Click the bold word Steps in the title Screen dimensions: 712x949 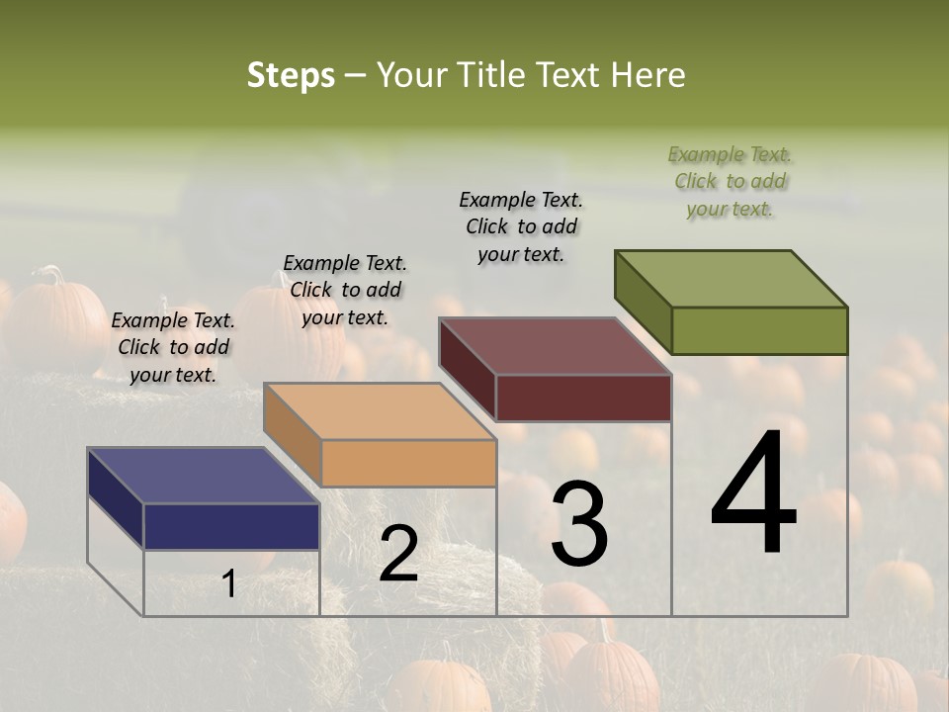291,75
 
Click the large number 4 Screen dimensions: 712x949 754,495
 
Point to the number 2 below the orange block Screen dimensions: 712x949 398,555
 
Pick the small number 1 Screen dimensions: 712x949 229,584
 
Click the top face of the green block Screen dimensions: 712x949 731,278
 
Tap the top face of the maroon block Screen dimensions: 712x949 555,346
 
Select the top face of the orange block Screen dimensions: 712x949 380,411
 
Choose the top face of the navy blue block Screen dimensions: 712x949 203,476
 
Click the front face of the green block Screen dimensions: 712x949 759,330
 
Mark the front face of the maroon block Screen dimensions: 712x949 583,398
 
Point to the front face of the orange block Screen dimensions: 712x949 408,463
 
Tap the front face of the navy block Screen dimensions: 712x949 231,526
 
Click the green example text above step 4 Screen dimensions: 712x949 730,182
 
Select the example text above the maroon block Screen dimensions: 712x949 521,226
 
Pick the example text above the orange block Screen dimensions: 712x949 345,290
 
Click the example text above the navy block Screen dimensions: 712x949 173,347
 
